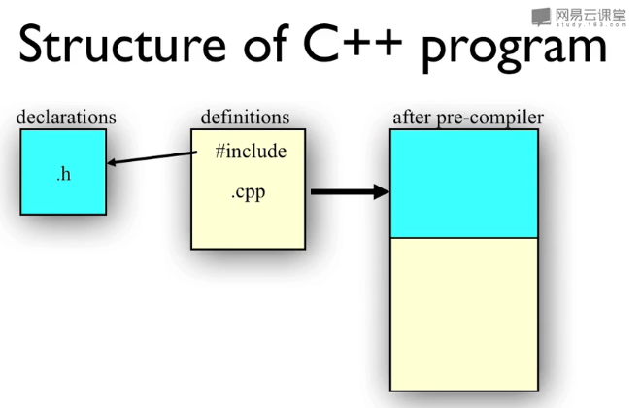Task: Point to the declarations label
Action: tap(66, 118)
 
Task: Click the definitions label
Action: tap(245, 118)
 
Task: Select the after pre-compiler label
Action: tap(467, 118)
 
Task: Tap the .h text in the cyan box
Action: tap(63, 175)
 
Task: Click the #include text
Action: tap(251, 153)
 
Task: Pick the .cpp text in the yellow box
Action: tap(248, 192)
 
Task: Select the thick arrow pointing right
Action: tap(349, 192)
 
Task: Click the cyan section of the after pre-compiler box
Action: tap(463, 184)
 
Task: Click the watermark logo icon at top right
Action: tap(540, 15)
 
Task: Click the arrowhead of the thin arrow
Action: tap(112, 163)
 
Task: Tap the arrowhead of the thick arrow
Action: tap(381, 192)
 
